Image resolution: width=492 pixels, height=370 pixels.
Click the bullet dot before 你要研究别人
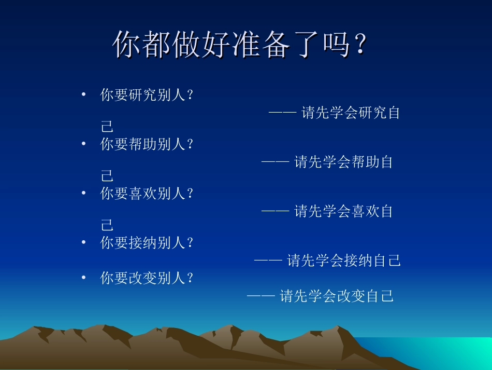click(x=83, y=95)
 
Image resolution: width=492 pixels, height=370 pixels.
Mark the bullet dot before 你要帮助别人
click(x=83, y=145)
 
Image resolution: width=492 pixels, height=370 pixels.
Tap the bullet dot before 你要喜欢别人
click(x=83, y=194)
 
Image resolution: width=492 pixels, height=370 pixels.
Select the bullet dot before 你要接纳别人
click(x=83, y=243)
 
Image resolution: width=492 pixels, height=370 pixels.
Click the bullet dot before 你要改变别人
click(x=83, y=278)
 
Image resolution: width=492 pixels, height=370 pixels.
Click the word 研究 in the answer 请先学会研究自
click(x=372, y=113)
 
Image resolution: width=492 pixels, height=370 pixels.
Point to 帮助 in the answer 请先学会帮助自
click(x=365, y=162)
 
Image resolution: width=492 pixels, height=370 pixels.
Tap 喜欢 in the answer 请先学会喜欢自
click(x=365, y=212)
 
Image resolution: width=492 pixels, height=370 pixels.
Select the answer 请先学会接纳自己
click(x=344, y=261)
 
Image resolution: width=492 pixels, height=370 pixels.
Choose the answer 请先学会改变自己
click(x=337, y=296)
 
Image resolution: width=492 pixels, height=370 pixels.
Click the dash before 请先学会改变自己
click(x=261, y=296)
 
